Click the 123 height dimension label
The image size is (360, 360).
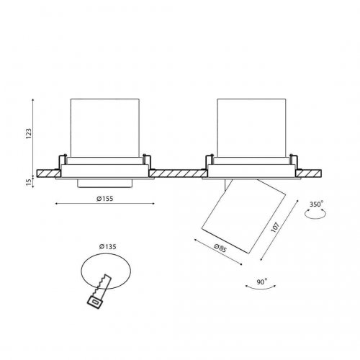click(29, 134)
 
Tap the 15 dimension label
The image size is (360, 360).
click(29, 182)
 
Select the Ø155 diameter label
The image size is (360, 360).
click(104, 199)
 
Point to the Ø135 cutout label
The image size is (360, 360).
click(108, 246)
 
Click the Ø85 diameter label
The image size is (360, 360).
click(220, 248)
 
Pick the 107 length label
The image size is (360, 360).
click(275, 228)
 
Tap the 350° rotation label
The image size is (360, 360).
click(316, 204)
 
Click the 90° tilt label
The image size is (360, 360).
click(262, 282)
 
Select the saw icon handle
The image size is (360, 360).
click(95, 302)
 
